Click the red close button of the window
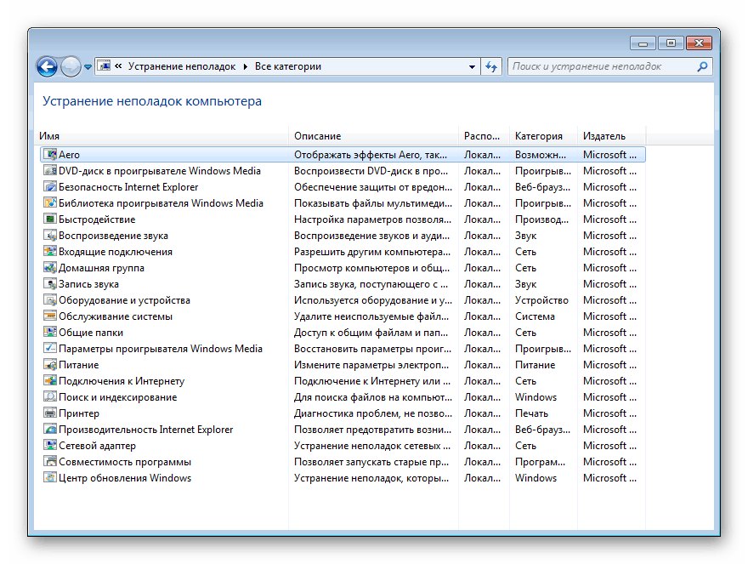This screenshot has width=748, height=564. [x=699, y=43]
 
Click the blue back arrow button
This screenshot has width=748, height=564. [x=47, y=66]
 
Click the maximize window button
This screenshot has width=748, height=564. [x=671, y=43]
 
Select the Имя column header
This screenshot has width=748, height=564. [x=49, y=136]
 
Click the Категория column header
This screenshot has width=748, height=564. [x=538, y=136]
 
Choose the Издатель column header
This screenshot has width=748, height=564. [x=603, y=136]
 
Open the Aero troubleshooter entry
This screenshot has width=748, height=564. [x=69, y=155]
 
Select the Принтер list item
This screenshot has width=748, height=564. [x=78, y=413]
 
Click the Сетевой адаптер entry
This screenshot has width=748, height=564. [x=97, y=446]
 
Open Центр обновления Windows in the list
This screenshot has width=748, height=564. [x=124, y=478]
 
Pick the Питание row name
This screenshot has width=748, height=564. [x=78, y=365]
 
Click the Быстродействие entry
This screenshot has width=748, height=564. [x=96, y=219]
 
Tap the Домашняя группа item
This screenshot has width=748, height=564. [x=101, y=268]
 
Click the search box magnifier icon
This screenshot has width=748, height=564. [x=703, y=66]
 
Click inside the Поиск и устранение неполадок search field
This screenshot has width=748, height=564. [x=595, y=66]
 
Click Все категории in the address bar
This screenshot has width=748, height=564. [x=287, y=66]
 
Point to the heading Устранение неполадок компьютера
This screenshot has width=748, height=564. [x=152, y=101]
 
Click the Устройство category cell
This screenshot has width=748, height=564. [x=541, y=300]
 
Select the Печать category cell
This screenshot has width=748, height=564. [x=531, y=413]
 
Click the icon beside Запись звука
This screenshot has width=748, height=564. [x=50, y=284]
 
